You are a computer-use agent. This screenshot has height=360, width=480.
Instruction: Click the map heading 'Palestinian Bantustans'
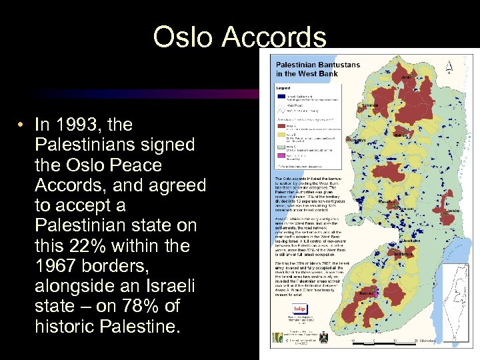(x=307, y=65)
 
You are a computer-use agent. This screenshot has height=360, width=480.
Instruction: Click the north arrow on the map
(x=450, y=67)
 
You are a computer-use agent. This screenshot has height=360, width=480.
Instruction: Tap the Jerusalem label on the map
(x=421, y=243)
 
